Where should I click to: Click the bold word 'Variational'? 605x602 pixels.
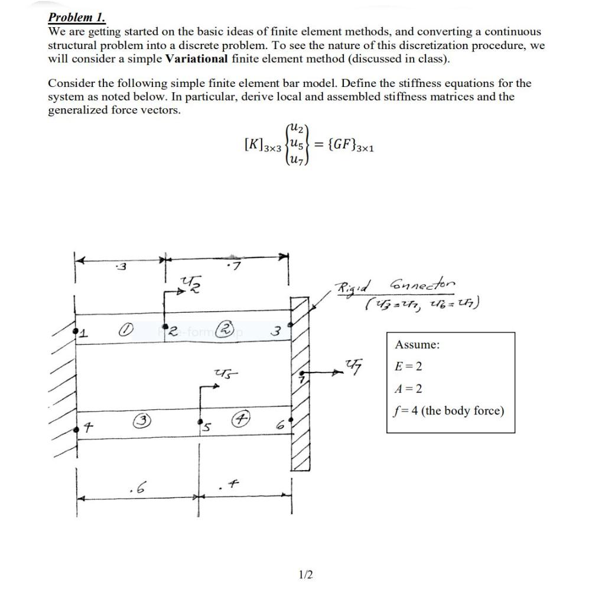[x=196, y=59]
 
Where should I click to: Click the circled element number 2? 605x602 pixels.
[x=226, y=328]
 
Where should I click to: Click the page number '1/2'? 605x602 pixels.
[x=307, y=574]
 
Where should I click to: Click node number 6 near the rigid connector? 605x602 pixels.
[x=282, y=425]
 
